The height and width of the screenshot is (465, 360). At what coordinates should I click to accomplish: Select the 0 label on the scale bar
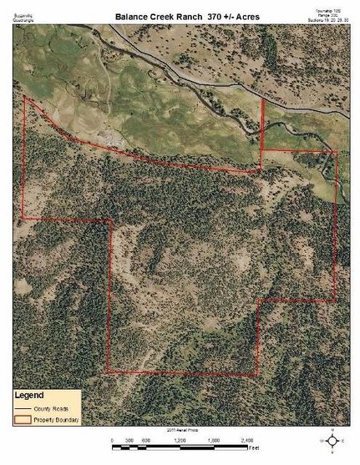click(112, 440)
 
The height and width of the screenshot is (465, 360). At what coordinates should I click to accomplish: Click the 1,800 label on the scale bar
click(212, 440)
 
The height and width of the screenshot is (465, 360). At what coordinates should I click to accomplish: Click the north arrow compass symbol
click(332, 440)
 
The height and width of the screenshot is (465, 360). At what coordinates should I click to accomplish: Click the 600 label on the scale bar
click(145, 440)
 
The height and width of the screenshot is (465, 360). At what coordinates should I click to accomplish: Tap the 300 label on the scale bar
click(129, 440)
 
